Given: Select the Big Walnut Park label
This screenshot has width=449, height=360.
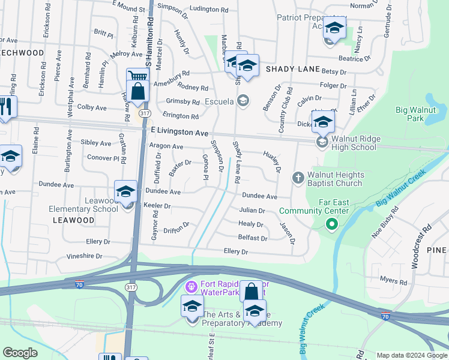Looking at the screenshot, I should (418, 114).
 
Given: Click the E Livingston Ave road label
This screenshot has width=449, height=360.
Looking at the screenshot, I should (179, 131).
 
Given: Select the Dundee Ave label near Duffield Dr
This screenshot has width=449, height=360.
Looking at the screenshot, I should (163, 192).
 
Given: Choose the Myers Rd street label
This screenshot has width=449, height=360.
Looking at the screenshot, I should (393, 281).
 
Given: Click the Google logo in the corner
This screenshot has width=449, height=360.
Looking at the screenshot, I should (20, 353).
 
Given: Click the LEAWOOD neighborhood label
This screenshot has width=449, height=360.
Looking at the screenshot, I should (73, 220).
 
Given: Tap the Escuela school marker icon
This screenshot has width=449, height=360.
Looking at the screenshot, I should (243, 101).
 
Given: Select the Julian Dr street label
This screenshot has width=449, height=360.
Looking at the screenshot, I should (252, 211).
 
